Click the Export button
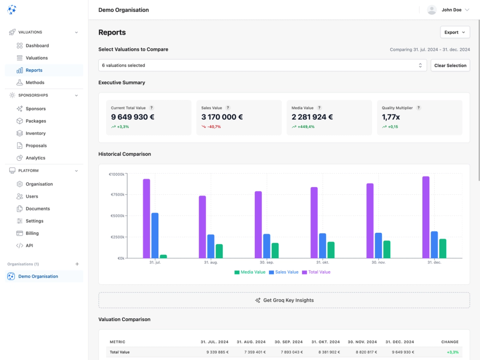(x=455, y=32)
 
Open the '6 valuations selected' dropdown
(x=262, y=65)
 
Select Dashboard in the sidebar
(x=37, y=46)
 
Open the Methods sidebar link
(x=35, y=83)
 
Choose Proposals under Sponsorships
(x=36, y=145)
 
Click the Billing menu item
(x=32, y=233)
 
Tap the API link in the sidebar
(x=29, y=246)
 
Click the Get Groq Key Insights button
(x=284, y=300)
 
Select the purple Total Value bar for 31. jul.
(x=146, y=218)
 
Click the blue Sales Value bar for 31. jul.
(x=155, y=235)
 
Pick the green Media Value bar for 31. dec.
(x=443, y=248)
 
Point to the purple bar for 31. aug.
(x=202, y=227)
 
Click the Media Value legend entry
(x=250, y=272)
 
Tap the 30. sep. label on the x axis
(x=267, y=263)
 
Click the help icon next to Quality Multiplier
(x=419, y=108)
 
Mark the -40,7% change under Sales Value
(x=214, y=127)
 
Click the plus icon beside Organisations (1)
(x=77, y=264)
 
